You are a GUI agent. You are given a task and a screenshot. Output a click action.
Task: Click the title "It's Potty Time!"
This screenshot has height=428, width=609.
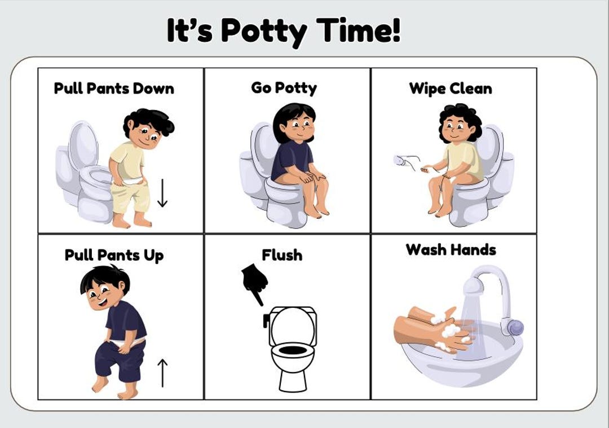tap(284, 30)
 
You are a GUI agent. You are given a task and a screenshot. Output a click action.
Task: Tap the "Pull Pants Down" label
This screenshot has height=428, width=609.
tap(114, 89)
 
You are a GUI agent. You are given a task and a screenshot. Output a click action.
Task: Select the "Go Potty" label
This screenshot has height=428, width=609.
tap(284, 88)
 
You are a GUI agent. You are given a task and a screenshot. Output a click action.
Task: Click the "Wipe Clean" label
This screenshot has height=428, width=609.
tap(451, 89)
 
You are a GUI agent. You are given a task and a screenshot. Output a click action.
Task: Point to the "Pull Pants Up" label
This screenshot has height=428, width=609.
tap(114, 255)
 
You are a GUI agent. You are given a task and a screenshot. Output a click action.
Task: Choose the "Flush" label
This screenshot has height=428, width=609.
tap(282, 255)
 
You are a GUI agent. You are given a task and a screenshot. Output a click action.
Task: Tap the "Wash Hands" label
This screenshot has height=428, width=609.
tap(451, 250)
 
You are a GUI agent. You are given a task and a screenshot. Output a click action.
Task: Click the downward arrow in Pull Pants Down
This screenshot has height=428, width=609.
tap(162, 193)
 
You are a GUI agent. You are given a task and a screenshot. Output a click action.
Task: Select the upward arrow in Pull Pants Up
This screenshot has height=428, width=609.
tap(162, 373)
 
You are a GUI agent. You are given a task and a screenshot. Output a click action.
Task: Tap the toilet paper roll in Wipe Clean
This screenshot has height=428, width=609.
tap(400, 161)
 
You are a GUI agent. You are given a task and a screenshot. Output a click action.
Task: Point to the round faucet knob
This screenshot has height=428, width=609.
tap(514, 327)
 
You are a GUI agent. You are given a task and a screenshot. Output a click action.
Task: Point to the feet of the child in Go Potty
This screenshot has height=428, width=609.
tap(316, 212)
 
